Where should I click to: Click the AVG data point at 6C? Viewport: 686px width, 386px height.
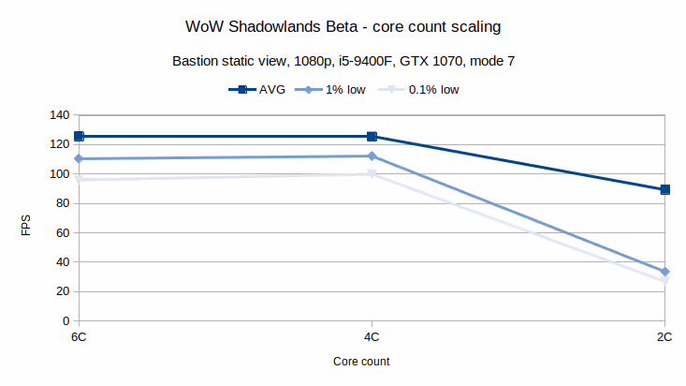pyautogui.click(x=80, y=137)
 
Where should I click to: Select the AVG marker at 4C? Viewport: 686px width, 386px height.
pyautogui.click(x=372, y=137)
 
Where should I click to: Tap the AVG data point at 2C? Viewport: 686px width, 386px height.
pyautogui.click(x=664, y=189)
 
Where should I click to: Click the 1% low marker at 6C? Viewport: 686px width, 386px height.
pyautogui.click(x=80, y=159)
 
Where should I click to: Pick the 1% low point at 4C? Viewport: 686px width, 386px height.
pyautogui.click(x=372, y=156)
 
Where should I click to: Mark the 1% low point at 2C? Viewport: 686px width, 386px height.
pyautogui.click(x=664, y=272)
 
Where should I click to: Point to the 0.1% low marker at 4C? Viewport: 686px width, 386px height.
pyautogui.click(x=372, y=174)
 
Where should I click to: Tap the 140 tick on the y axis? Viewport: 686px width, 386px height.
pyautogui.click(x=60, y=115)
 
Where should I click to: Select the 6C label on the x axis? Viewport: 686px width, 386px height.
pyautogui.click(x=80, y=335)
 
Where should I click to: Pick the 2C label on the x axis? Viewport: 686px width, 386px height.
pyautogui.click(x=664, y=335)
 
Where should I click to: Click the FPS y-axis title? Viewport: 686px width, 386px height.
pyautogui.click(x=26, y=226)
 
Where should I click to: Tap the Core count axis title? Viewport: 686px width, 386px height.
pyautogui.click(x=361, y=361)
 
